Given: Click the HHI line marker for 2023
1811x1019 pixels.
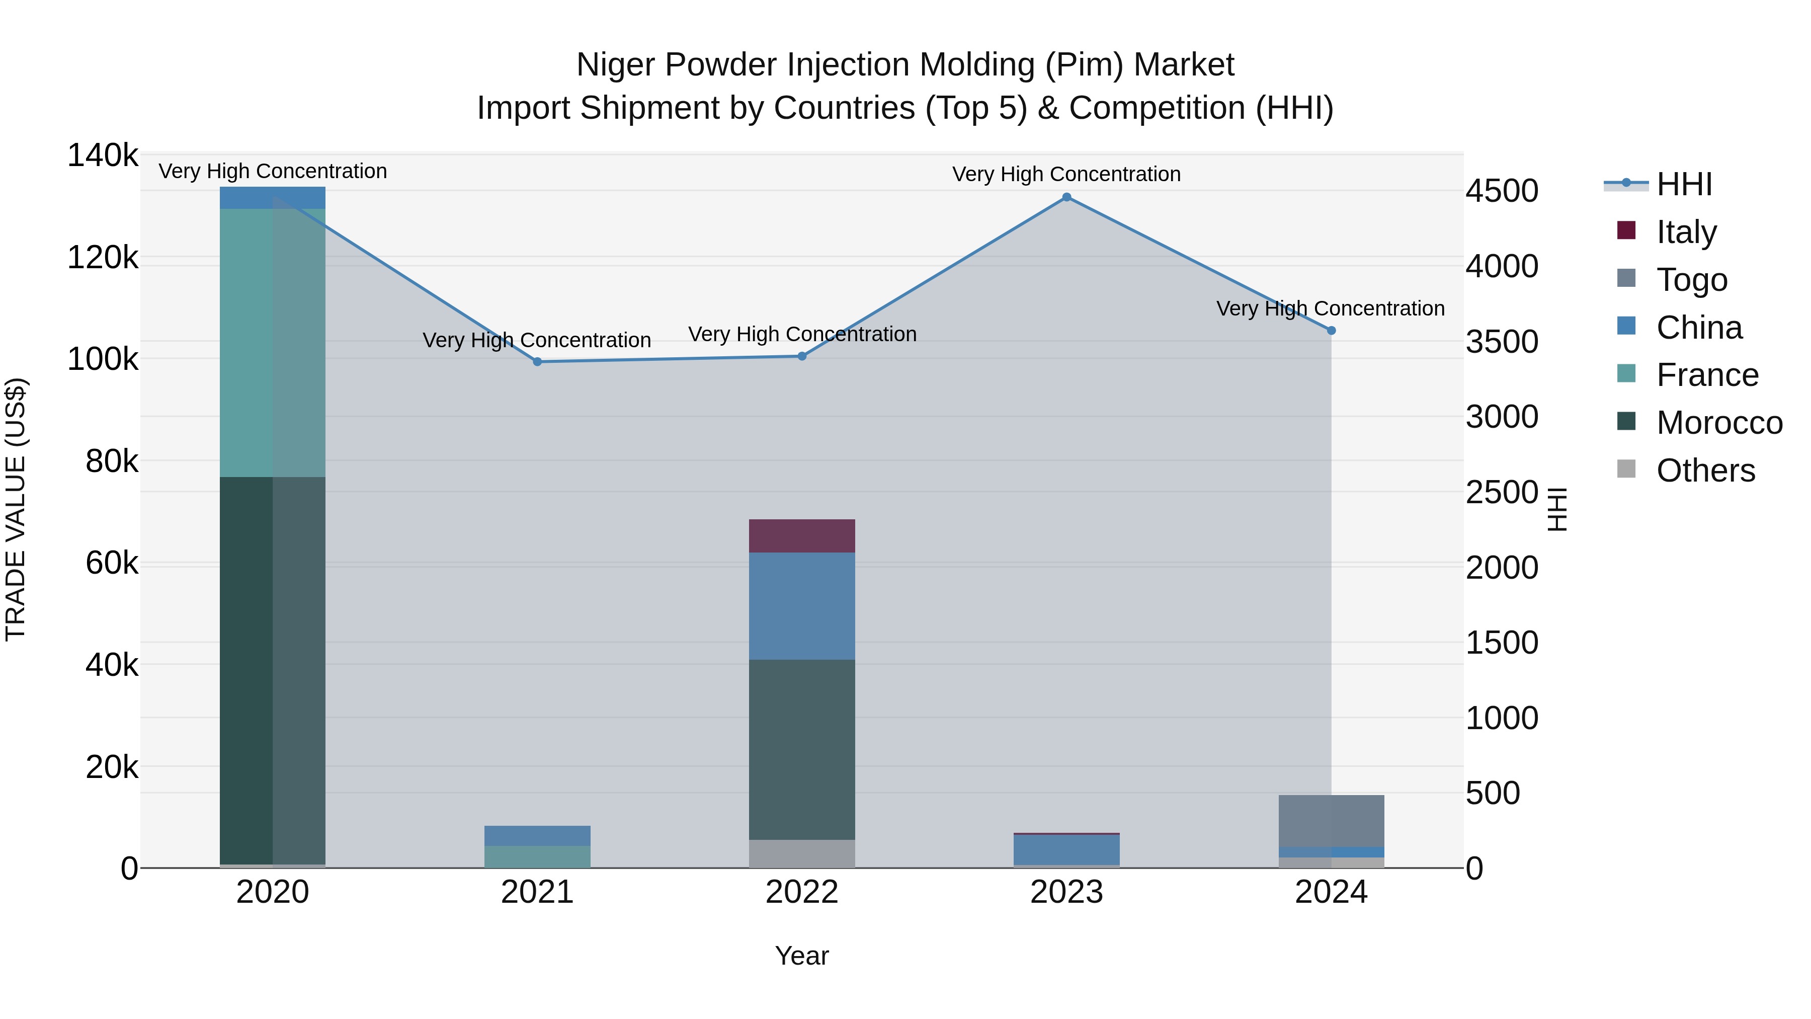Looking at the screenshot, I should point(1066,198).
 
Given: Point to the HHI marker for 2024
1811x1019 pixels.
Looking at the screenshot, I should point(1331,331).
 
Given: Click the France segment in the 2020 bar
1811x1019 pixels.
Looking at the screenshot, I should point(272,343).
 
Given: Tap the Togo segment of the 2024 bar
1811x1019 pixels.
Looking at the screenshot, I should point(1331,821).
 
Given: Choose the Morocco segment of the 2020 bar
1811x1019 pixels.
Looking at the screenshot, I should point(272,670).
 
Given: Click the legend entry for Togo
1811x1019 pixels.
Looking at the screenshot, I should point(1691,280).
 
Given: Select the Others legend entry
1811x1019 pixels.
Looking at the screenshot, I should point(1705,471).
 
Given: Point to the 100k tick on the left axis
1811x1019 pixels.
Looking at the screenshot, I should point(103,359).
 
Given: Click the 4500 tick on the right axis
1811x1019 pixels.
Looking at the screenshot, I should point(1502,191).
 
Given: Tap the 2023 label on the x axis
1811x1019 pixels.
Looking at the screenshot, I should point(1066,892).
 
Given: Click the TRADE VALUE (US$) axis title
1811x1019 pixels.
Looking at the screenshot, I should point(16,509).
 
